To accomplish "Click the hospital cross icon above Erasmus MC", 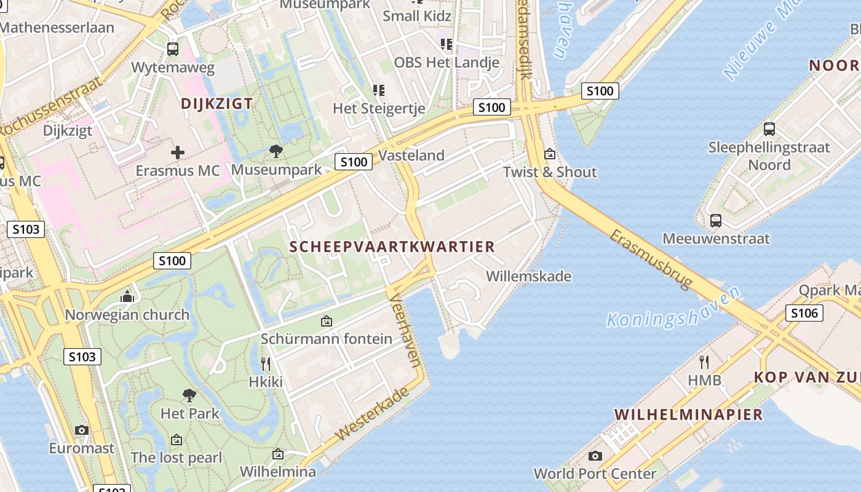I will coord(178,152).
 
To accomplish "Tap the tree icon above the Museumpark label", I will coord(276,151).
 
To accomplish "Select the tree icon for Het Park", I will coord(189,395).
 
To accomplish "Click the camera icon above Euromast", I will coord(82,430).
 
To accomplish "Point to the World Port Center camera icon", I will coord(595,456).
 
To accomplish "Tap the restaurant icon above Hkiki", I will coord(266,363).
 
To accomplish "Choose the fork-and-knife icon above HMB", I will coord(704,362).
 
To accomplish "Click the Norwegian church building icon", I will coord(127,297).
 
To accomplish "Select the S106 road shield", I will coord(804,314).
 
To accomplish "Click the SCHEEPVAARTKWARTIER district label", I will coord(392,247).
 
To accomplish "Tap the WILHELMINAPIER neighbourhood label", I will coord(688,415).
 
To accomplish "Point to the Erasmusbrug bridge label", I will coord(651,259).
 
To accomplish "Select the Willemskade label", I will coord(528,277).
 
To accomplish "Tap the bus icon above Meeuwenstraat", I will coord(715,220).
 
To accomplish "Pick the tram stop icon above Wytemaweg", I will coord(173,49).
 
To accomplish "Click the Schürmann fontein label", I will coord(326,339).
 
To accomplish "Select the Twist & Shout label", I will coord(550,172).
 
